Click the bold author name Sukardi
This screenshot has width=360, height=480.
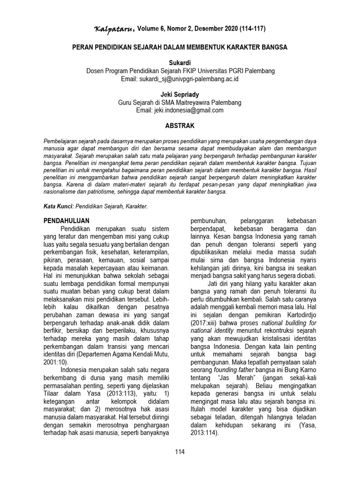click(180, 62)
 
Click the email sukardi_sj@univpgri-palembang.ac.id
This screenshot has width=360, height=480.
click(180, 79)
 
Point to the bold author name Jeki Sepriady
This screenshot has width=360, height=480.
click(180, 94)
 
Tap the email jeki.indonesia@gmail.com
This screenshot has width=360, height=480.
click(180, 110)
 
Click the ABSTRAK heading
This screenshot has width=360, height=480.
click(180, 126)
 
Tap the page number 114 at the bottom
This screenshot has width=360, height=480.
click(180, 452)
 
